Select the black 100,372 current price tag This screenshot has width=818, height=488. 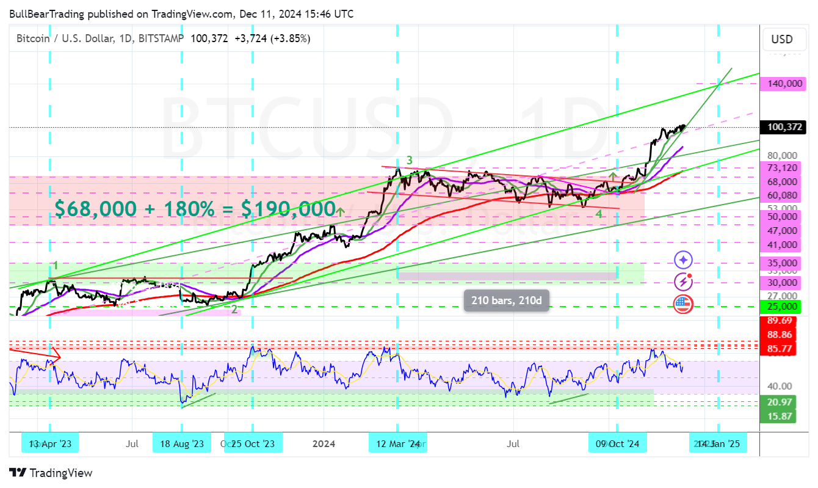782,127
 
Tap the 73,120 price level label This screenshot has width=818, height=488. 782,168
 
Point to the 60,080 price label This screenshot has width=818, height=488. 782,195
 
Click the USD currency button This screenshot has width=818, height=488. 782,40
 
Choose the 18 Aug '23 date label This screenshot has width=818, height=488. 182,443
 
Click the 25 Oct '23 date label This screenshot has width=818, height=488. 253,443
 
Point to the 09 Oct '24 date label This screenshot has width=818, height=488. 617,443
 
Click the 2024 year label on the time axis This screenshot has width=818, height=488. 324,443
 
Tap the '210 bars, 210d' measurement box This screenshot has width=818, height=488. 507,300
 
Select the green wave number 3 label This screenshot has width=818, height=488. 410,161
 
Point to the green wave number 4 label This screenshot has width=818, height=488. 599,214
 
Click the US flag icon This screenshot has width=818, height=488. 682,304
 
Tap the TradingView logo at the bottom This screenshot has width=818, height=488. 51,473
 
